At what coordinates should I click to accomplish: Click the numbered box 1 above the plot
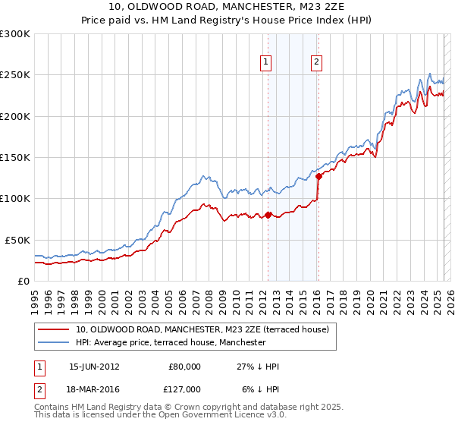pyautogui.click(x=267, y=63)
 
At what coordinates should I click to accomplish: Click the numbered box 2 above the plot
pyautogui.click(x=316, y=63)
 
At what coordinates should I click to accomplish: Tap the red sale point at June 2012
pyautogui.click(x=268, y=216)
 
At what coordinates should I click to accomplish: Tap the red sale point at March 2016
pyautogui.click(x=318, y=177)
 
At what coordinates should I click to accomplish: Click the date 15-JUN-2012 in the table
pyautogui.click(x=94, y=367)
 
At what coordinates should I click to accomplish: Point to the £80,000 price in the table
pyautogui.click(x=184, y=367)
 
